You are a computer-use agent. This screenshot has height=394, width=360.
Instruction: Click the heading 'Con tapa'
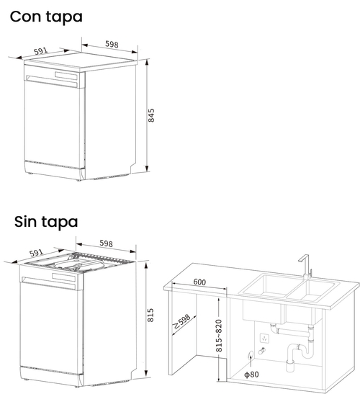click(x=46, y=16)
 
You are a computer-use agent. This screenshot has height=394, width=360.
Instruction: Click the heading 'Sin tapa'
click(x=46, y=222)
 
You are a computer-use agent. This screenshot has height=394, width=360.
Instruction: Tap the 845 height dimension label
click(x=151, y=116)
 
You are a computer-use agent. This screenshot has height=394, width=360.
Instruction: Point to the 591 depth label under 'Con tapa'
click(x=40, y=51)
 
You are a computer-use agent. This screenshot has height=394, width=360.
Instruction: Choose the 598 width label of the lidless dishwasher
click(x=107, y=243)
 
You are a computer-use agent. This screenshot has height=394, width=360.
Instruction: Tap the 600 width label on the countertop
click(x=201, y=282)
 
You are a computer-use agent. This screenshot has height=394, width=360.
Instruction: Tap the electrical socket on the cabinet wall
click(x=264, y=336)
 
